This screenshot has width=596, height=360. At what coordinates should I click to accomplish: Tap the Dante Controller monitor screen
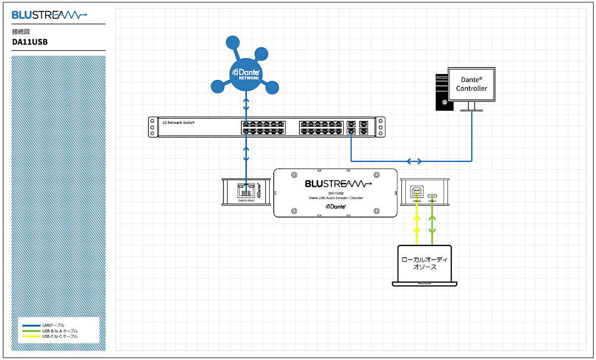[x=471, y=84]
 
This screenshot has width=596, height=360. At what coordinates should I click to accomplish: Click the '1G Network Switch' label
[x=179, y=122]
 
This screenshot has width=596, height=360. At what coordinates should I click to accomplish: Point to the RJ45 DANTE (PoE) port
[x=246, y=189]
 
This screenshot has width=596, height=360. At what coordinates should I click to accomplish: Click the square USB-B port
[x=417, y=192]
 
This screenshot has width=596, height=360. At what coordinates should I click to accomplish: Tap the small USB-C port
[x=433, y=195]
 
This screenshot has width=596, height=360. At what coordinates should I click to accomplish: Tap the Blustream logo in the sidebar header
[x=50, y=15]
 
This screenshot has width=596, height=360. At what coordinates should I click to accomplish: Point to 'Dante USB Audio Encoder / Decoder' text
[x=335, y=198]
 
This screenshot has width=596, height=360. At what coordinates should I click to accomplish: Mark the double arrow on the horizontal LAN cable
[x=414, y=161]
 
